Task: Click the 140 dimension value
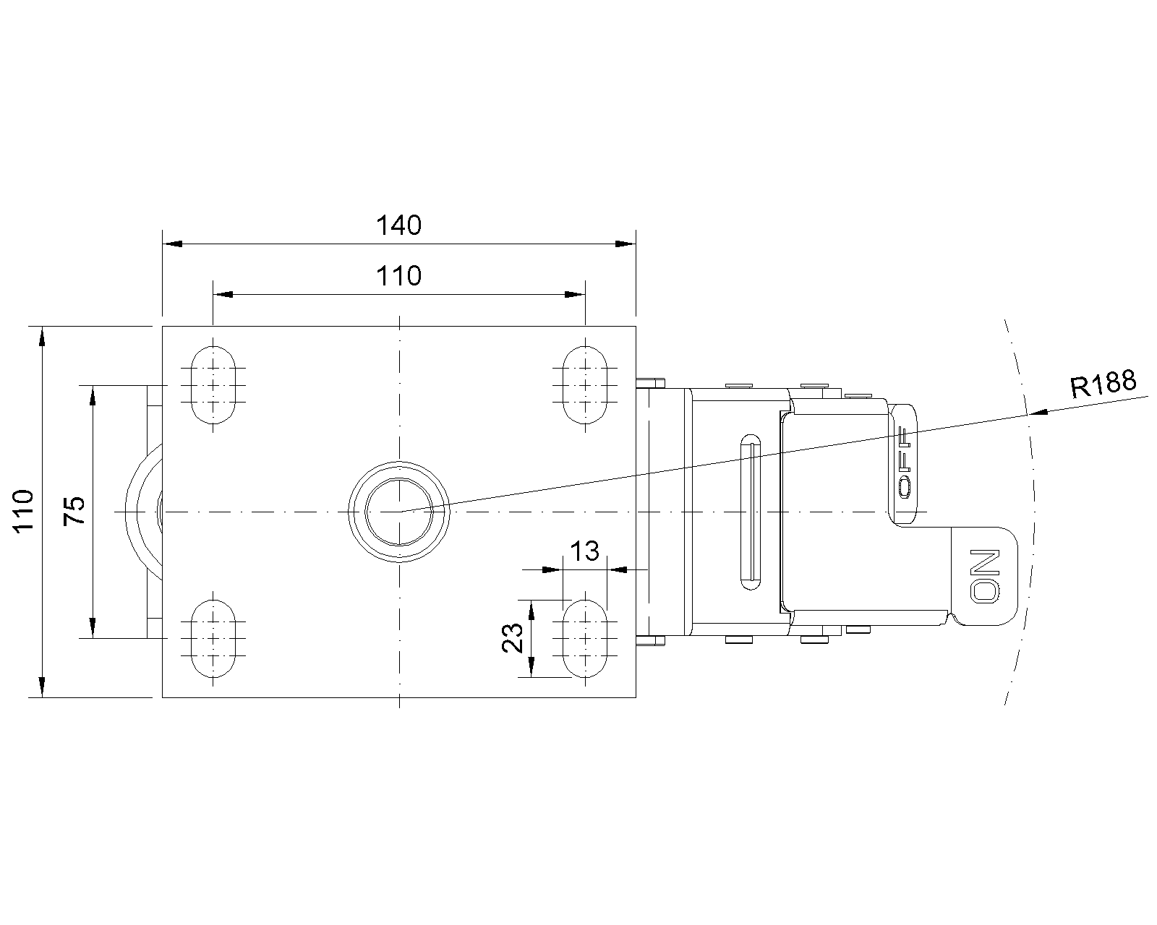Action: (x=398, y=225)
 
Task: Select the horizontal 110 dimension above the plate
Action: (x=398, y=276)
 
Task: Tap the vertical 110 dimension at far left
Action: (x=24, y=511)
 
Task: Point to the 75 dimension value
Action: (x=74, y=511)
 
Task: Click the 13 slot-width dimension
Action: (x=584, y=551)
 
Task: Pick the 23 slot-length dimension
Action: (x=513, y=638)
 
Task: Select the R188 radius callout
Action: (x=1103, y=384)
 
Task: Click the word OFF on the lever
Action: (x=905, y=462)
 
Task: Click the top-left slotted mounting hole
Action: (x=213, y=385)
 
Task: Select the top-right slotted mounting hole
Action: (x=585, y=385)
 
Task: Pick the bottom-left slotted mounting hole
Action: (x=213, y=639)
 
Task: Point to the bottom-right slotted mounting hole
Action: (x=585, y=639)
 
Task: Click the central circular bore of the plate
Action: (x=399, y=512)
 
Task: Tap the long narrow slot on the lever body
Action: (x=751, y=512)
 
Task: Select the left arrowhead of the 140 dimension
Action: (x=173, y=244)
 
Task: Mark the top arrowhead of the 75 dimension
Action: (x=93, y=395)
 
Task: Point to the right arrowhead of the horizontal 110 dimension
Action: (x=575, y=295)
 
